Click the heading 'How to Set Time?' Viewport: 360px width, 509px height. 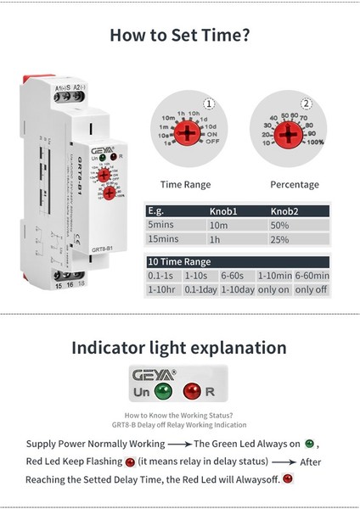pyautogui.click(x=179, y=36)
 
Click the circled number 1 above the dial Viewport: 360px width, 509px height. pyautogui.click(x=208, y=104)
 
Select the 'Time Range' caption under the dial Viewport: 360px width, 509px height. pyautogui.click(x=186, y=184)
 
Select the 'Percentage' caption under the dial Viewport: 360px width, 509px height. pyautogui.click(x=294, y=184)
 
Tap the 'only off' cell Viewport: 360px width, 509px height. pyautogui.click(x=310, y=291)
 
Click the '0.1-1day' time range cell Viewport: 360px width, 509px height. pyautogui.click(x=200, y=291)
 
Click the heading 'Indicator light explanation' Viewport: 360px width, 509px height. pyautogui.click(x=179, y=347)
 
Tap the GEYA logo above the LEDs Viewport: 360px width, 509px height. pyautogui.click(x=154, y=374)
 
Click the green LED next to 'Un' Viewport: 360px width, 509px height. pyautogui.click(x=163, y=392)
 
